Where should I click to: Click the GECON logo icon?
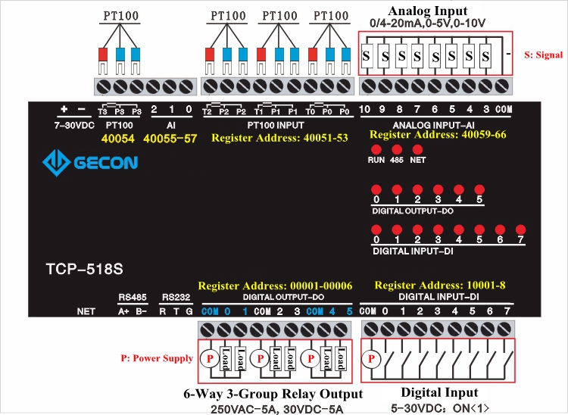click(55, 162)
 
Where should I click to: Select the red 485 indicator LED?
click(396, 149)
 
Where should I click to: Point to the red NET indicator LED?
click(417, 149)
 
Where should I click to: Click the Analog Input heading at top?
click(428, 11)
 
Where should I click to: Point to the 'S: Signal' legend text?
click(542, 55)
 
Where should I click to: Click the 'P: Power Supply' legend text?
click(157, 358)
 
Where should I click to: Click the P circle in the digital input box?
click(372, 357)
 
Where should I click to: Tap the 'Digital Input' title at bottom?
click(439, 392)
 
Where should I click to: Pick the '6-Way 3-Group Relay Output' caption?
click(273, 394)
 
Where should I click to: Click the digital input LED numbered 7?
click(520, 229)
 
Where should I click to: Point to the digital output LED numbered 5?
click(479, 189)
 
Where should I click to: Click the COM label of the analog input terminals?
click(504, 110)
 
